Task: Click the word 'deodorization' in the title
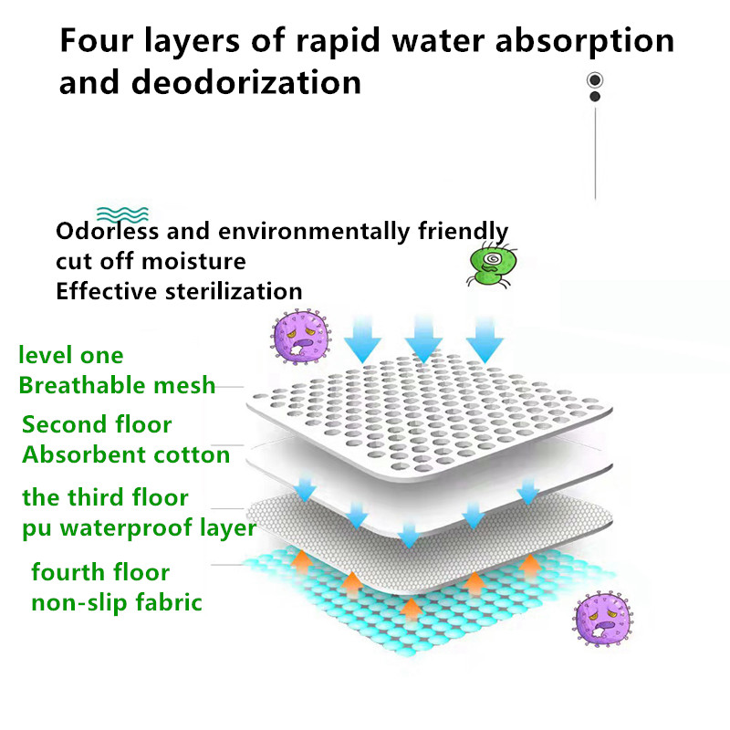[246, 82]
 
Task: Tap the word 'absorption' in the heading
[585, 42]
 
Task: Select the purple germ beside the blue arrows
[301, 337]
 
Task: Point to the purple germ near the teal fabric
[603, 619]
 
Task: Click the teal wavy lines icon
[122, 214]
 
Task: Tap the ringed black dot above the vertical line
[595, 80]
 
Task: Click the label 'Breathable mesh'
[117, 386]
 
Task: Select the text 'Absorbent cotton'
[126, 454]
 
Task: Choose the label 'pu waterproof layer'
[140, 528]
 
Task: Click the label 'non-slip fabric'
[117, 603]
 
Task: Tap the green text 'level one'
[71, 355]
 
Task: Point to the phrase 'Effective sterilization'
[179, 291]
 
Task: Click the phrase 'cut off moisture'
[151, 261]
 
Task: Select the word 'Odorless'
[108, 231]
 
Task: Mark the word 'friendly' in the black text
[463, 232]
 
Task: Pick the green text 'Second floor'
[97, 424]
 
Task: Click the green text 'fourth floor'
[100, 572]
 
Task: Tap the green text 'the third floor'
[105, 497]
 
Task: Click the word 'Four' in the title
[97, 40]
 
